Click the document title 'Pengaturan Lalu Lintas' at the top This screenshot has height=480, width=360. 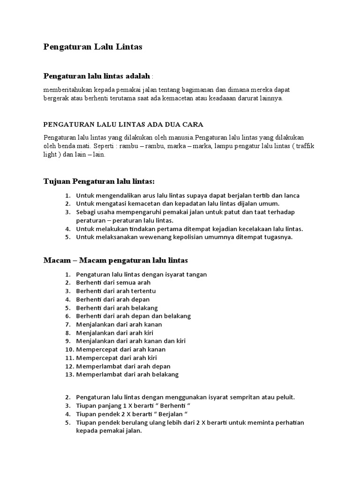click(x=93, y=47)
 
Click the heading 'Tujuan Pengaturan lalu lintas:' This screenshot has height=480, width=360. click(x=99, y=181)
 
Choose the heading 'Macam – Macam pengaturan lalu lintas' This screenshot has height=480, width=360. click(x=116, y=260)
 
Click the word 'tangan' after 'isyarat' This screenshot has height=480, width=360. click(x=197, y=274)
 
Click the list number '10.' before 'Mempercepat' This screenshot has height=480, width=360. click(x=67, y=350)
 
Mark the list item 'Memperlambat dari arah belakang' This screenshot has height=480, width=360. click(x=127, y=375)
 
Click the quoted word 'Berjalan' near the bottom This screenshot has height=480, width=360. click(x=170, y=414)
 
